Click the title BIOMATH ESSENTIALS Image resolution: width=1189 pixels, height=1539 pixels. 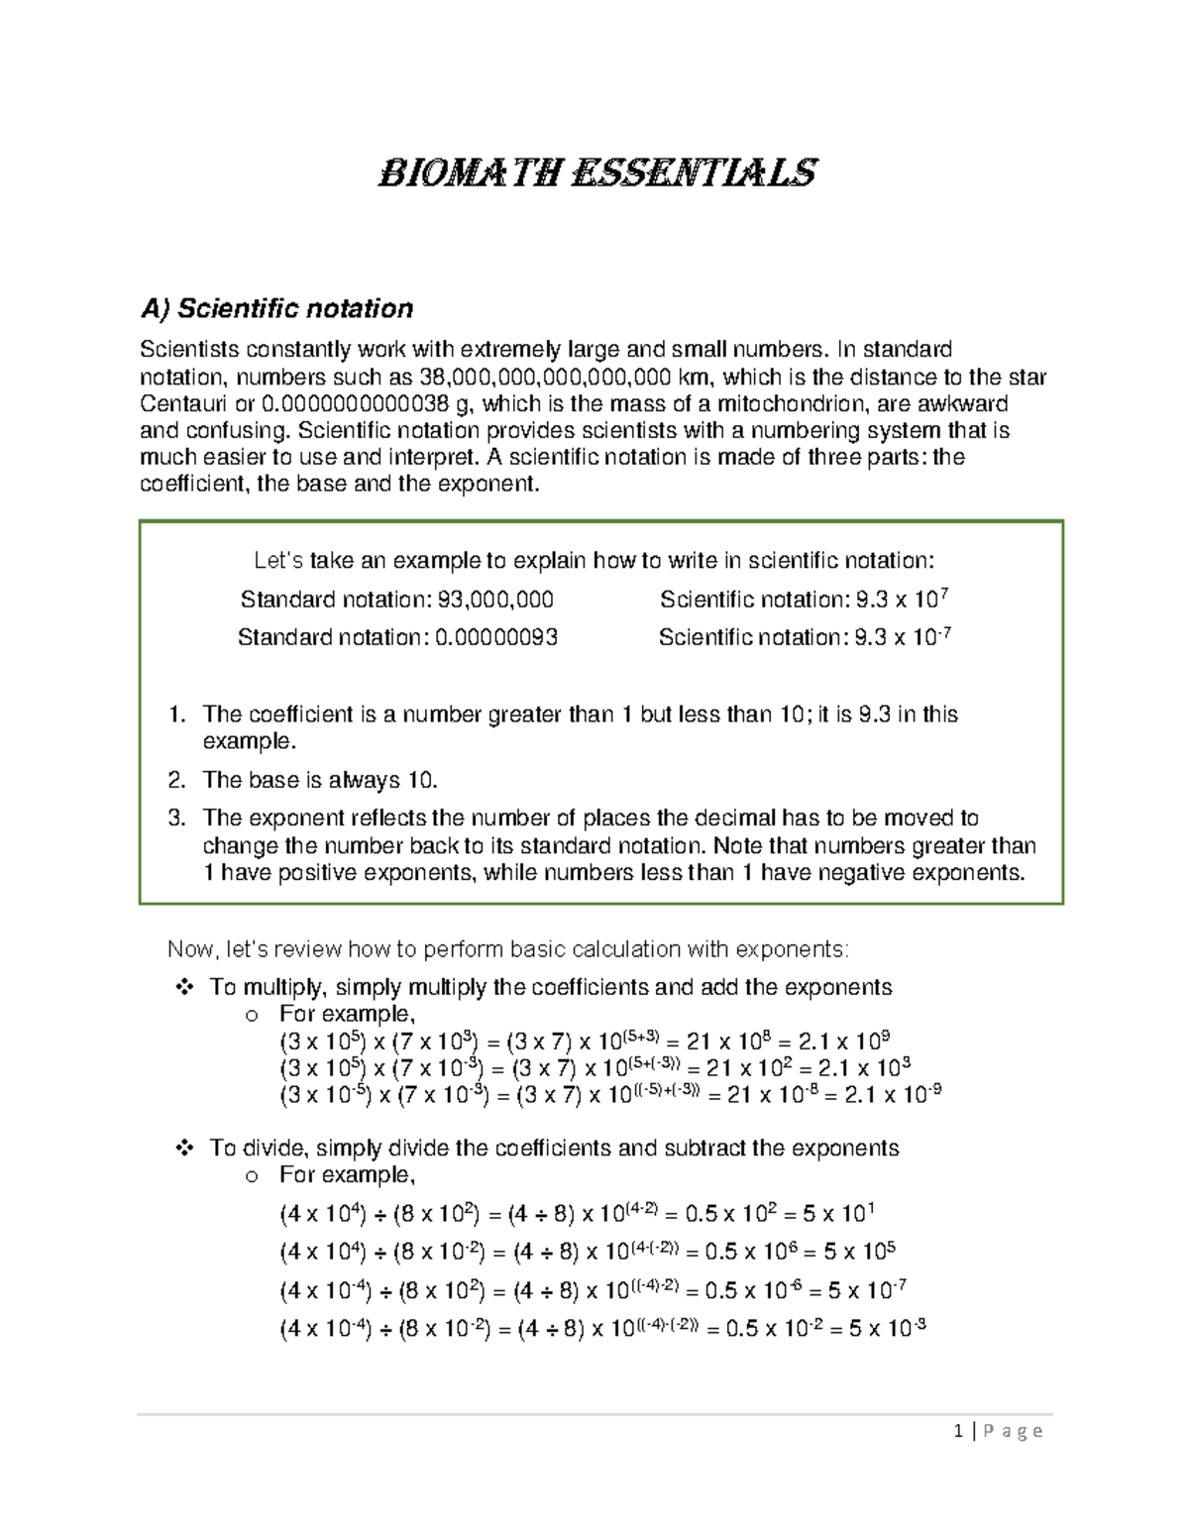click(597, 173)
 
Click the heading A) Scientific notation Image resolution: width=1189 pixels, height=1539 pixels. click(276, 309)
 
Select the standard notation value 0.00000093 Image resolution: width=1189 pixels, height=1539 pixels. click(496, 637)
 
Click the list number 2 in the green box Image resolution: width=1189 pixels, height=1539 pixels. click(176, 780)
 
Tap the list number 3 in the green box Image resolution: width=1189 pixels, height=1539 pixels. click(176, 818)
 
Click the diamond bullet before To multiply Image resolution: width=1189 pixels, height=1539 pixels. click(183, 987)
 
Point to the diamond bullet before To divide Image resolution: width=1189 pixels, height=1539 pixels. click(183, 1148)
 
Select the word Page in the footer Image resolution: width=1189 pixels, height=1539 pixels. click(1012, 1431)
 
